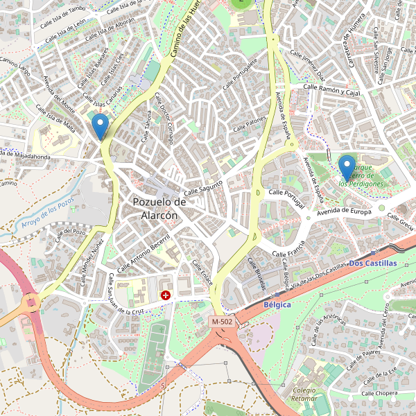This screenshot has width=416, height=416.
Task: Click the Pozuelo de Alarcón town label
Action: (x=159, y=209)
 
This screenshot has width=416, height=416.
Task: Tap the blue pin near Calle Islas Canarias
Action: (x=101, y=127)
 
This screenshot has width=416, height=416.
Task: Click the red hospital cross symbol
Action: (x=166, y=295)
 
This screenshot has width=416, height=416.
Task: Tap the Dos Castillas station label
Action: (x=373, y=263)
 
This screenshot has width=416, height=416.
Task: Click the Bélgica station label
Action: (x=277, y=304)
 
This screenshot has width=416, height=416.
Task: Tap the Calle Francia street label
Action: (x=290, y=250)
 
